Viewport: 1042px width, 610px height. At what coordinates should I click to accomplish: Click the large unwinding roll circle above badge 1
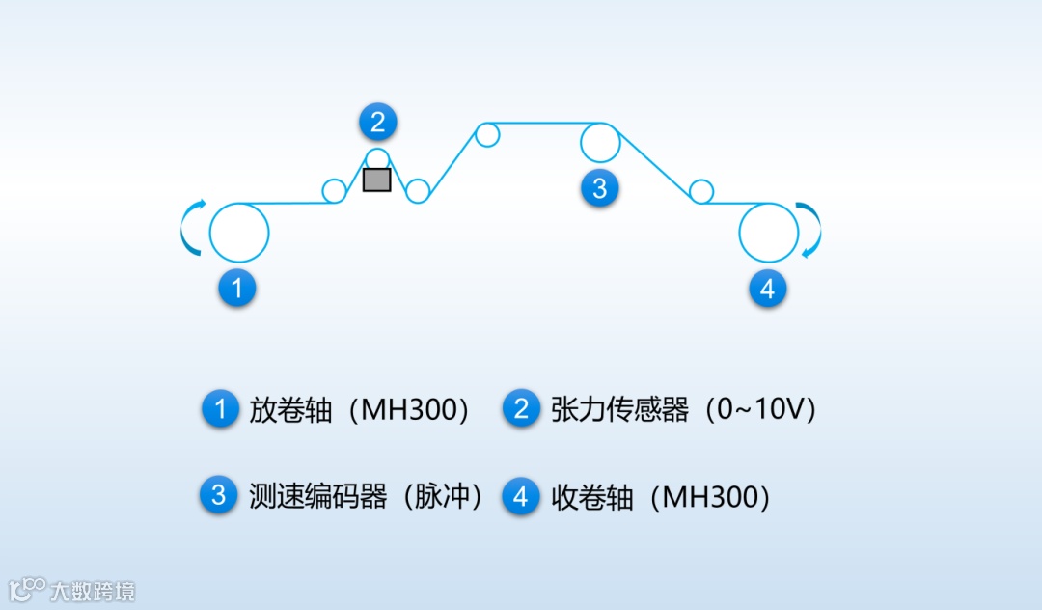tap(238, 233)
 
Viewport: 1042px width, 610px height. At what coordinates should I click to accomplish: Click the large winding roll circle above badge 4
tap(768, 233)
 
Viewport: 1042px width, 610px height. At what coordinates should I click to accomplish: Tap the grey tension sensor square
tap(376, 180)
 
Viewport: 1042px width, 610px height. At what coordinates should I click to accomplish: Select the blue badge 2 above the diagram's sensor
tap(377, 123)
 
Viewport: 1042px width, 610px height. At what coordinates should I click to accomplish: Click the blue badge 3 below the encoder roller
tap(599, 187)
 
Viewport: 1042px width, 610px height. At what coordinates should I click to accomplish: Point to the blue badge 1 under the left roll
tap(237, 288)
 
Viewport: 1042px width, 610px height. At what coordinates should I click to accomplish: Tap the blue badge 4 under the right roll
tap(767, 288)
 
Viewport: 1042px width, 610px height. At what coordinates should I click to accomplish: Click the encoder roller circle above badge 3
tap(599, 143)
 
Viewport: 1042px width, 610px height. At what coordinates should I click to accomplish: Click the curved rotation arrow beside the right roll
tap(812, 230)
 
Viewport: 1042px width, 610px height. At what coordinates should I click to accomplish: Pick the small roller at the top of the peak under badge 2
tap(377, 159)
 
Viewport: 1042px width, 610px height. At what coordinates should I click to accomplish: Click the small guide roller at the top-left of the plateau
tap(487, 134)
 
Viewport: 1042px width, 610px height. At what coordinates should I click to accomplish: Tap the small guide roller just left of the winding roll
tap(701, 191)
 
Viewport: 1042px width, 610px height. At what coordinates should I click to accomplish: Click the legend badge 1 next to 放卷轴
tap(219, 409)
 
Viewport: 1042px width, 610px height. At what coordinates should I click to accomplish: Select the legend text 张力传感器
tap(619, 410)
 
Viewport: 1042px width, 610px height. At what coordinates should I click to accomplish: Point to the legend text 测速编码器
tap(317, 496)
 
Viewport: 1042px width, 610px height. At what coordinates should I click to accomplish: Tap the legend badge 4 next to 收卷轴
tap(521, 496)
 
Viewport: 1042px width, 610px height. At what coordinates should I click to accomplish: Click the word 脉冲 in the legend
tap(444, 496)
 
